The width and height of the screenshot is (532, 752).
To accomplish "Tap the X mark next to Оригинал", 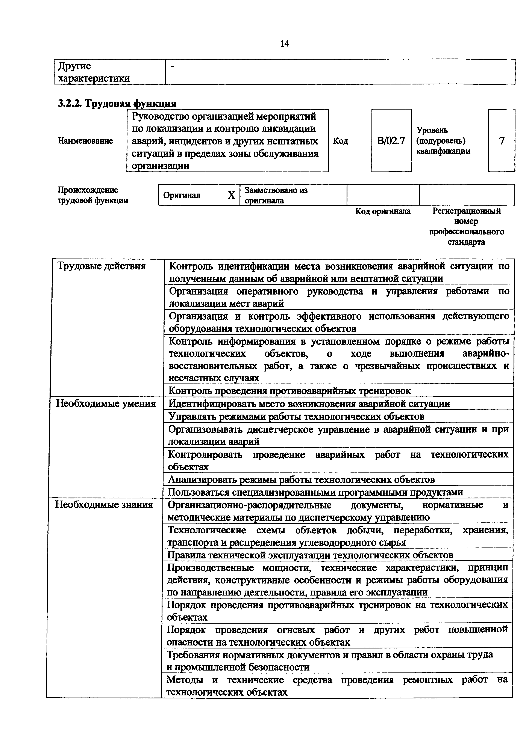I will click(231, 196).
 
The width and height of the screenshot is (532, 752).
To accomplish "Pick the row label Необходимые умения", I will click(106, 403).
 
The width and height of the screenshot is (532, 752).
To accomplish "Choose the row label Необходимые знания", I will click(104, 504).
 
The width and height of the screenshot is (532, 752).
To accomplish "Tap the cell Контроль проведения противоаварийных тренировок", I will click(289, 391).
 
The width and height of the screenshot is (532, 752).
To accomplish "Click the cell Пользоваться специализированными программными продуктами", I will click(315, 492).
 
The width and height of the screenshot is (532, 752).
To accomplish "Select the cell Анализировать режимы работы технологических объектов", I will click(301, 480).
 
